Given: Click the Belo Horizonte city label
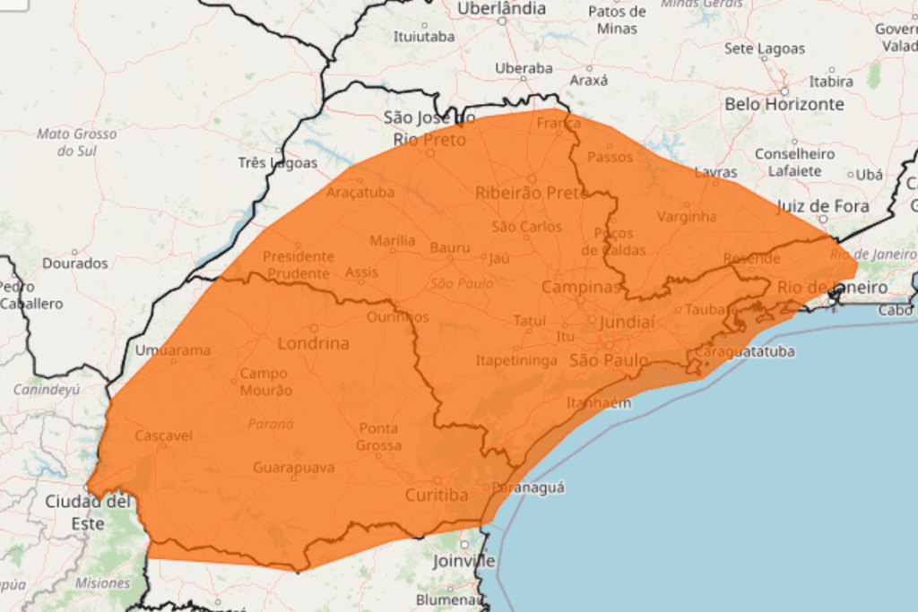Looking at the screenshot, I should click(784, 104).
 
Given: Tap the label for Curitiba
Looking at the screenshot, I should click(437, 496).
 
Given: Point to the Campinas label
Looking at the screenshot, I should click(581, 288).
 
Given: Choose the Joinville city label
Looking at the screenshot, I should click(463, 561).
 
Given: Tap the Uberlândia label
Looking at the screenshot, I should click(501, 9).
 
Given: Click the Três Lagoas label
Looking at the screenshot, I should click(278, 163).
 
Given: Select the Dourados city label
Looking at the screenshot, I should click(74, 263).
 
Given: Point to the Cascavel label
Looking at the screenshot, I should click(163, 436).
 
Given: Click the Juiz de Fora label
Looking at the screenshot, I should click(822, 206).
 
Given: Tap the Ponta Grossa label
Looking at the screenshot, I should click(378, 436).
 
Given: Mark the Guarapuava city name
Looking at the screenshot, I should click(293, 468).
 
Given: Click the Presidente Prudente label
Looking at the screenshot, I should click(298, 264).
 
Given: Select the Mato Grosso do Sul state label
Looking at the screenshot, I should click(76, 142).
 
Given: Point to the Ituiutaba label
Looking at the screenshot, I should click(423, 37).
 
